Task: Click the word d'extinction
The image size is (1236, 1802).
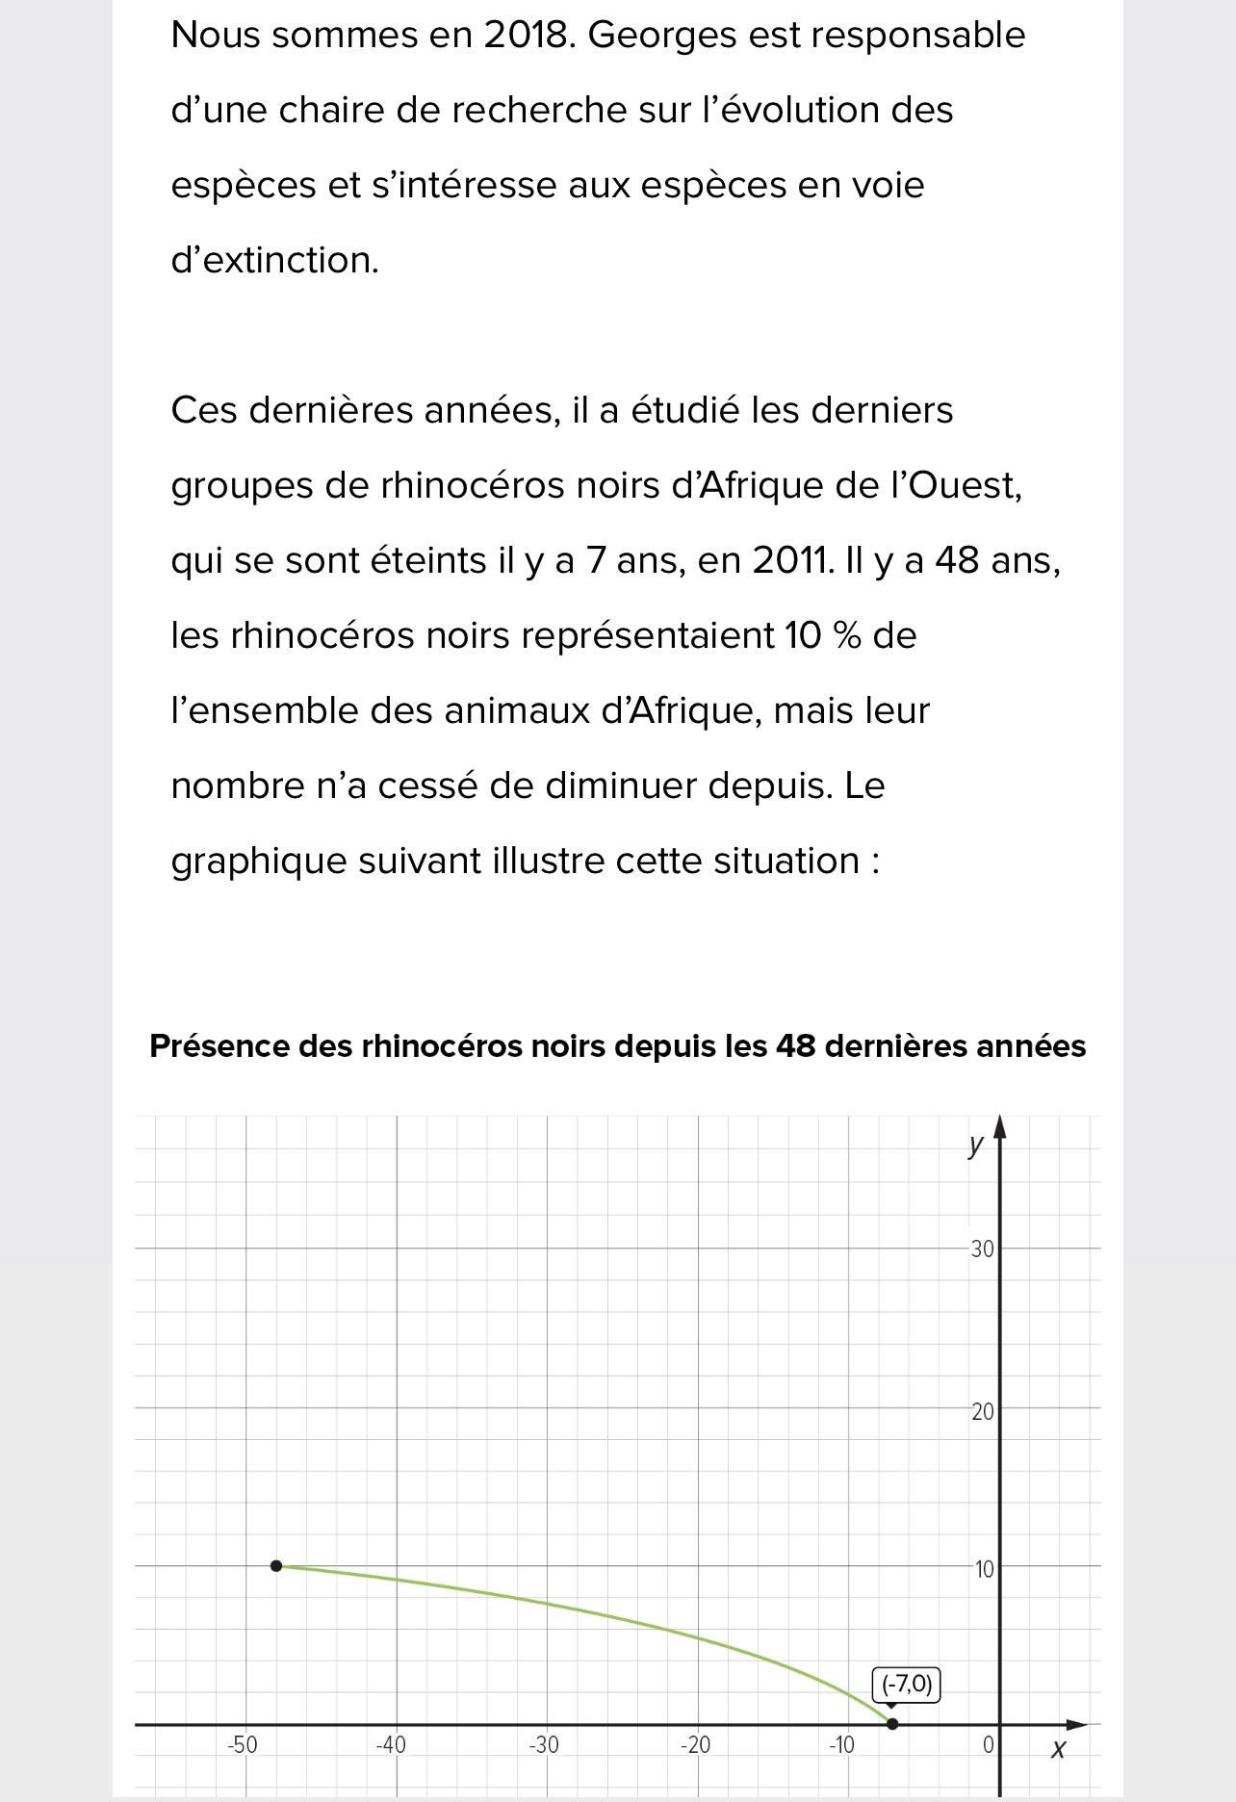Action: click(x=274, y=260)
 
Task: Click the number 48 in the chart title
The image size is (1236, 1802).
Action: click(x=796, y=1045)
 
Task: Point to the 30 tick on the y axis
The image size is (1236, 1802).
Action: click(x=982, y=1249)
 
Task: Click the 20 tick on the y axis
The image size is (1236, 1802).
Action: click(x=982, y=1412)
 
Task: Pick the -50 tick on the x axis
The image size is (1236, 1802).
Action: click(x=242, y=1744)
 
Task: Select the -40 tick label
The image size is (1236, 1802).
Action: click(x=391, y=1744)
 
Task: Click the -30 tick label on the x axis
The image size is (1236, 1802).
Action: click(x=543, y=1744)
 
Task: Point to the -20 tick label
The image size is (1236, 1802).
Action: click(x=694, y=1744)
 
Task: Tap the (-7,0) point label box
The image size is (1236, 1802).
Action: click(x=906, y=1685)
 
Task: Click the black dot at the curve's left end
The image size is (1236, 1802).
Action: click(x=276, y=1566)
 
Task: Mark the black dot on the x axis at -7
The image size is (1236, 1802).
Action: click(x=892, y=1723)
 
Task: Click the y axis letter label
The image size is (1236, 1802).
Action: click(x=976, y=1145)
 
